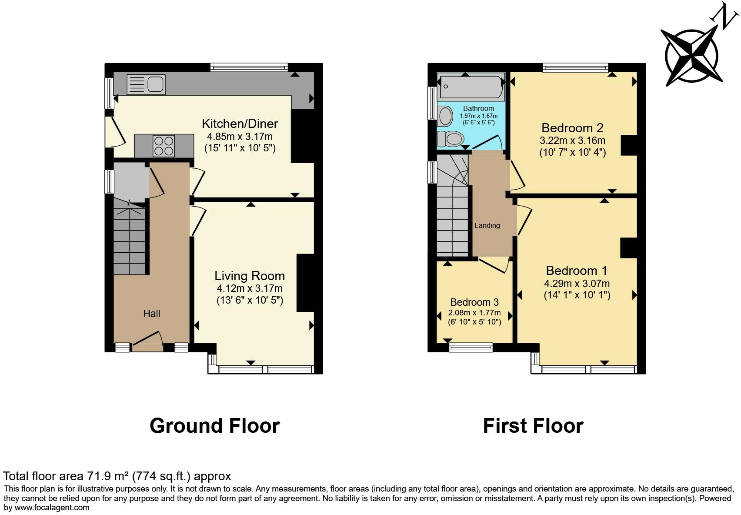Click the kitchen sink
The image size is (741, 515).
146,84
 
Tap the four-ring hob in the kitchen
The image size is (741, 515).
164,146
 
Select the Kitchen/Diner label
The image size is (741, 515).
240,124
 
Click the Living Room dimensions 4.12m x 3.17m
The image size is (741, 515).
250,288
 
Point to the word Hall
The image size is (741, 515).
152,314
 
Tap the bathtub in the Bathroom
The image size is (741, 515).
471,87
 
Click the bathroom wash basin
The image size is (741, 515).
445,116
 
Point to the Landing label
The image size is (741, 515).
487,225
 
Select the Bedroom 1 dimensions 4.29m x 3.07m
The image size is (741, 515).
577,284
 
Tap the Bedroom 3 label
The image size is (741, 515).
474,302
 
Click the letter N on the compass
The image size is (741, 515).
724,16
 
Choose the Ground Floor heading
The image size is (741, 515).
214,425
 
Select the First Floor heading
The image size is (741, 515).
533,425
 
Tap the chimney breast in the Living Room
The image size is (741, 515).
305,283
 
